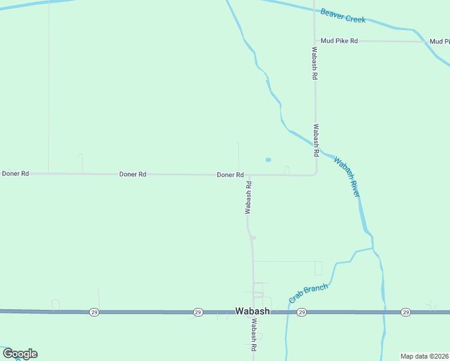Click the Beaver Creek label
(x=343, y=16)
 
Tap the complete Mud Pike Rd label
(x=339, y=41)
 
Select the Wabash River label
(x=347, y=177)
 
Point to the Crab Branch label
(x=309, y=294)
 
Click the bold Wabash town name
(x=252, y=312)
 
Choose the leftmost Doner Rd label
(x=16, y=174)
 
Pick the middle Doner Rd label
(x=132, y=174)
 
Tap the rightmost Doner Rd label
(x=230, y=175)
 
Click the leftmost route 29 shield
(x=94, y=312)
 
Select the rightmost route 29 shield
(x=406, y=312)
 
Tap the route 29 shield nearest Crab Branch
(x=302, y=312)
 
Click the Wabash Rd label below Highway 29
(x=254, y=335)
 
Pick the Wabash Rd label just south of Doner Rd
(x=247, y=198)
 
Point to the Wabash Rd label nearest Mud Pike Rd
(x=314, y=64)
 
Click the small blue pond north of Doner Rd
(x=268, y=160)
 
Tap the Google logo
(x=20, y=354)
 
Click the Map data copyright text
(x=424, y=356)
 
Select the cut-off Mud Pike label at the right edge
(x=440, y=42)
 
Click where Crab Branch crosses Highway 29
(x=288, y=312)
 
